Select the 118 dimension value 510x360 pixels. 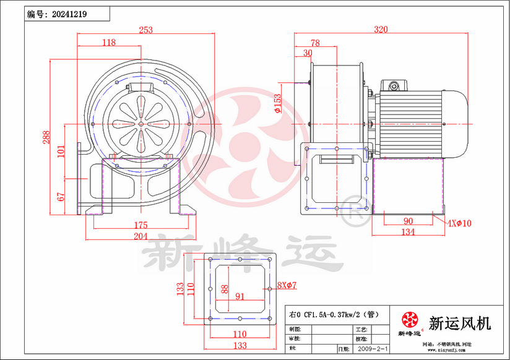pyautogui.click(x=109, y=42)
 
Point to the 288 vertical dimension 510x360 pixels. pyautogui.click(x=45, y=137)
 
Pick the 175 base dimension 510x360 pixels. pyautogui.click(x=140, y=225)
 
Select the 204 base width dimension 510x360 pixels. pyautogui.click(x=140, y=236)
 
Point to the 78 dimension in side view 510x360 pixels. pyautogui.click(x=315, y=43)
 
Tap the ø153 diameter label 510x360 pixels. pyautogui.click(x=278, y=103)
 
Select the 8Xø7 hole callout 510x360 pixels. pyautogui.click(x=287, y=285)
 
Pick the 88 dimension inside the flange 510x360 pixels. pyautogui.click(x=225, y=288)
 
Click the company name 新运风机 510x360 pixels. pyautogui.click(x=459, y=323)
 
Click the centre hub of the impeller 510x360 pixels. pyautogui.click(x=141, y=123)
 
